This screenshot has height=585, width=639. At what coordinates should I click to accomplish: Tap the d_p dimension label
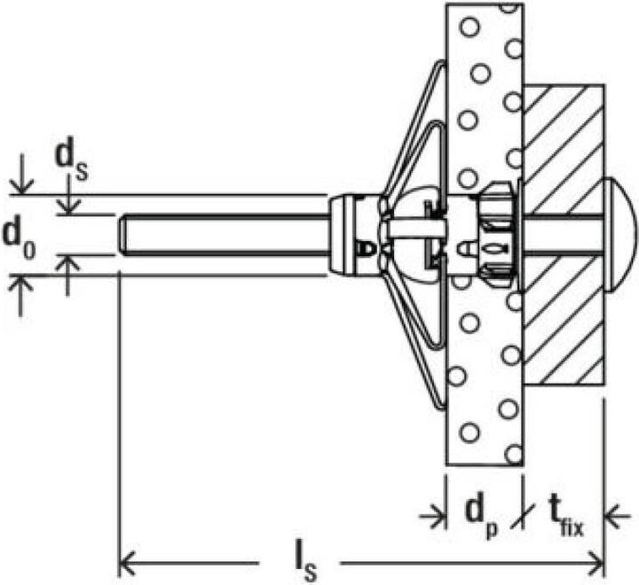[x=482, y=513]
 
